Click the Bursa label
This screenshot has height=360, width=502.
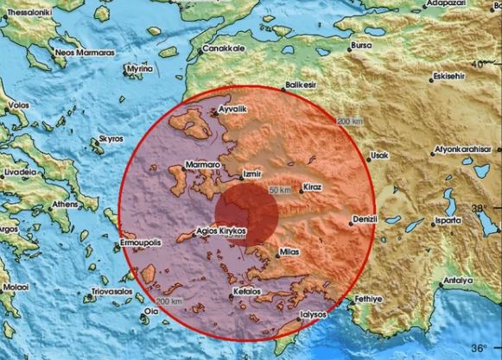point(361,45)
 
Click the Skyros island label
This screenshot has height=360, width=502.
point(113,138)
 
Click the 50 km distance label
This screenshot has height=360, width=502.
point(280,188)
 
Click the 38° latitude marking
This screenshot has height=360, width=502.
point(480,208)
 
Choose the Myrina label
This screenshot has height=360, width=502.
point(139,67)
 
